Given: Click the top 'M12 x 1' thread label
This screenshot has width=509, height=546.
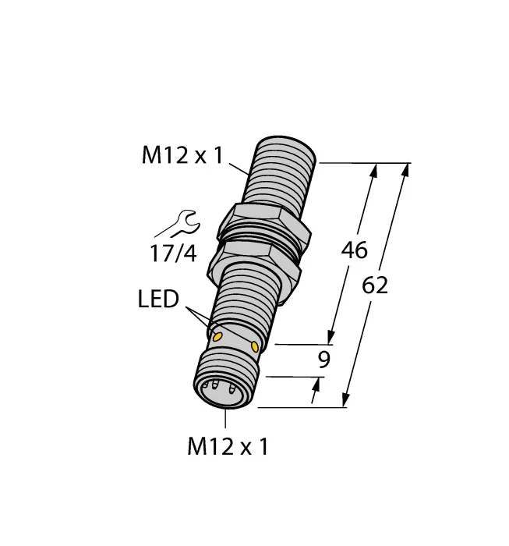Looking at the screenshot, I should click(x=181, y=156).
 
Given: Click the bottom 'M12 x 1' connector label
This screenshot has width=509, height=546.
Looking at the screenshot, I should click(x=228, y=447).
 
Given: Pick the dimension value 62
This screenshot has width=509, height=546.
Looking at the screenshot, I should click(x=374, y=285).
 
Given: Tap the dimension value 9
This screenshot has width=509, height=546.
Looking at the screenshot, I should click(x=323, y=360).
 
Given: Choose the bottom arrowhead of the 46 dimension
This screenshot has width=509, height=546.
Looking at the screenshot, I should click(x=335, y=336).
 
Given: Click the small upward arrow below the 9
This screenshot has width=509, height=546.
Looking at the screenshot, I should click(x=316, y=384).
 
